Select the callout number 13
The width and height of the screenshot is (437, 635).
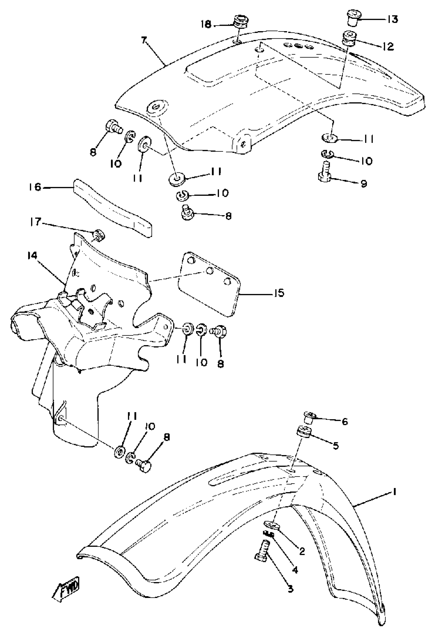tap(392, 19)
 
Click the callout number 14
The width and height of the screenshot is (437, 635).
tap(32, 256)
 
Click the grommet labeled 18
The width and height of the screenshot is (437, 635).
tap(241, 24)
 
